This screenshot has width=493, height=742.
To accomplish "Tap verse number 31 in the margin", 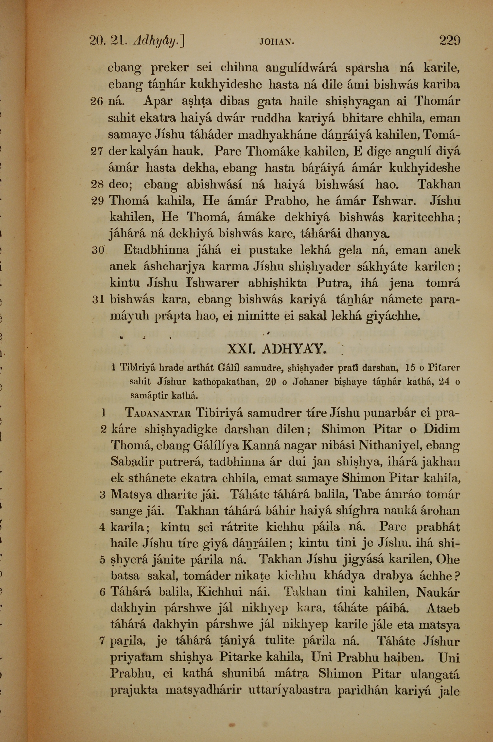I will click(98, 300).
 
